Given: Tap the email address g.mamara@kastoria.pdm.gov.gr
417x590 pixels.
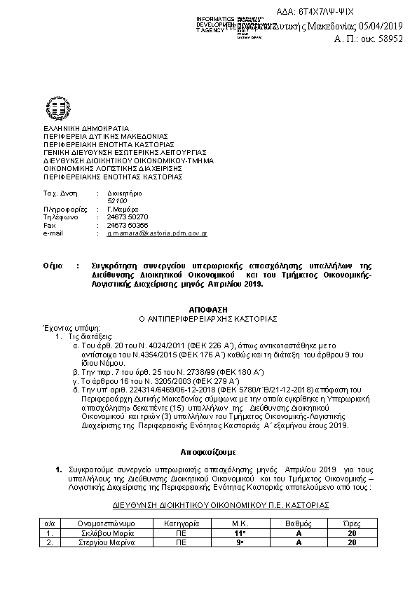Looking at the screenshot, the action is (x=156, y=233).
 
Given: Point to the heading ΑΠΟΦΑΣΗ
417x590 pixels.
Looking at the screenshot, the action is (x=208, y=309).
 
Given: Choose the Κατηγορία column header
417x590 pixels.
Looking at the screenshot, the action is (x=182, y=523).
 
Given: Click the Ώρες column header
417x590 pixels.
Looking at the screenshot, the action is (x=351, y=523).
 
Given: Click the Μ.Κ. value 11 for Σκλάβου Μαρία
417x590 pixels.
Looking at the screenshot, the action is (x=240, y=533).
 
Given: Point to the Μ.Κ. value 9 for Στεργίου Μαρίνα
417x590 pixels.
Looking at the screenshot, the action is (x=240, y=542).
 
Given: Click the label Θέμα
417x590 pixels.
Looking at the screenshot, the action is (x=52, y=266).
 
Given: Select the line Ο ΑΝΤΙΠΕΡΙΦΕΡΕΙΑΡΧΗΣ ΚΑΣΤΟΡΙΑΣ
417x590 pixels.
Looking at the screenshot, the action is (x=208, y=318).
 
